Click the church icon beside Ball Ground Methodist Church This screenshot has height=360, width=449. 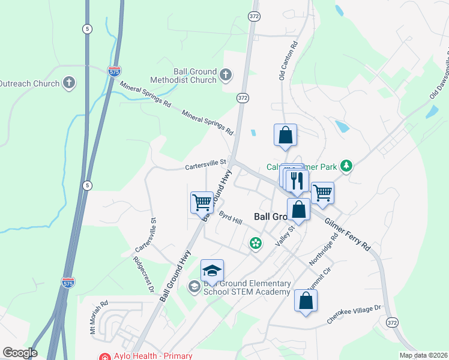[226, 75]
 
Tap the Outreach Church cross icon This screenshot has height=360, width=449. [70, 83]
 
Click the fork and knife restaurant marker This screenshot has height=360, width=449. [297, 181]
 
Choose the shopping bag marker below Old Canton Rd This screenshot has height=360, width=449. [286, 135]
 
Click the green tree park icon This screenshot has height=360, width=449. [345, 166]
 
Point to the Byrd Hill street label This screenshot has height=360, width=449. [230, 218]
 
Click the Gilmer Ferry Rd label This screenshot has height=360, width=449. [348, 235]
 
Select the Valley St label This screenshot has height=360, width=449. [285, 234]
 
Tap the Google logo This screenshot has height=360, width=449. [20, 353]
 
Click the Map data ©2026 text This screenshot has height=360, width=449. [423, 355]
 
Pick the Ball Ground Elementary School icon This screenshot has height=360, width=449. [194, 287]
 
